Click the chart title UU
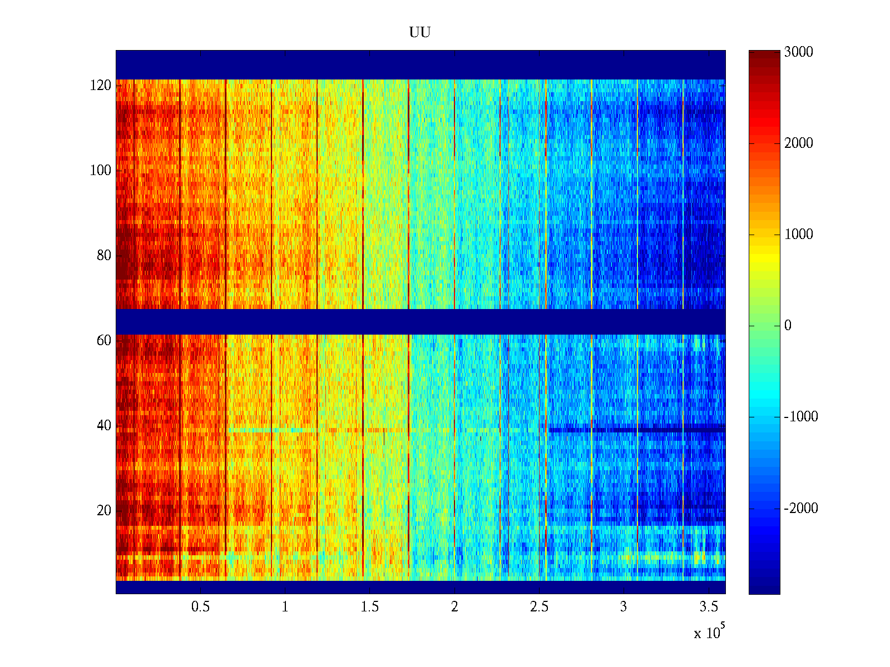pos(420,33)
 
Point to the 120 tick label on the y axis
pos(101,86)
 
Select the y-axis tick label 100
pos(101,171)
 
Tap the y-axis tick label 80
pos(104,256)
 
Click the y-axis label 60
pos(104,341)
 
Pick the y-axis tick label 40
pos(104,426)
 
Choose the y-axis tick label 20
pos(104,511)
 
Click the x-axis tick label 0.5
pos(200,607)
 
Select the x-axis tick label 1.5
pos(370,607)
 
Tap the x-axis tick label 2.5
pos(539,607)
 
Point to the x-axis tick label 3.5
pos(709,607)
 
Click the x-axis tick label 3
pos(624,607)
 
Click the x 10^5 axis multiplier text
pos(709,632)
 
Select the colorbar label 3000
pos(798,52)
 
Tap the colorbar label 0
pos(788,326)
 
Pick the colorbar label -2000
pos(801,508)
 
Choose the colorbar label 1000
pos(798,235)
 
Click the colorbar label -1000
pos(801,417)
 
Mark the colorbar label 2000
pos(798,143)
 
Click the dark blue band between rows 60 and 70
pos(420,321)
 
